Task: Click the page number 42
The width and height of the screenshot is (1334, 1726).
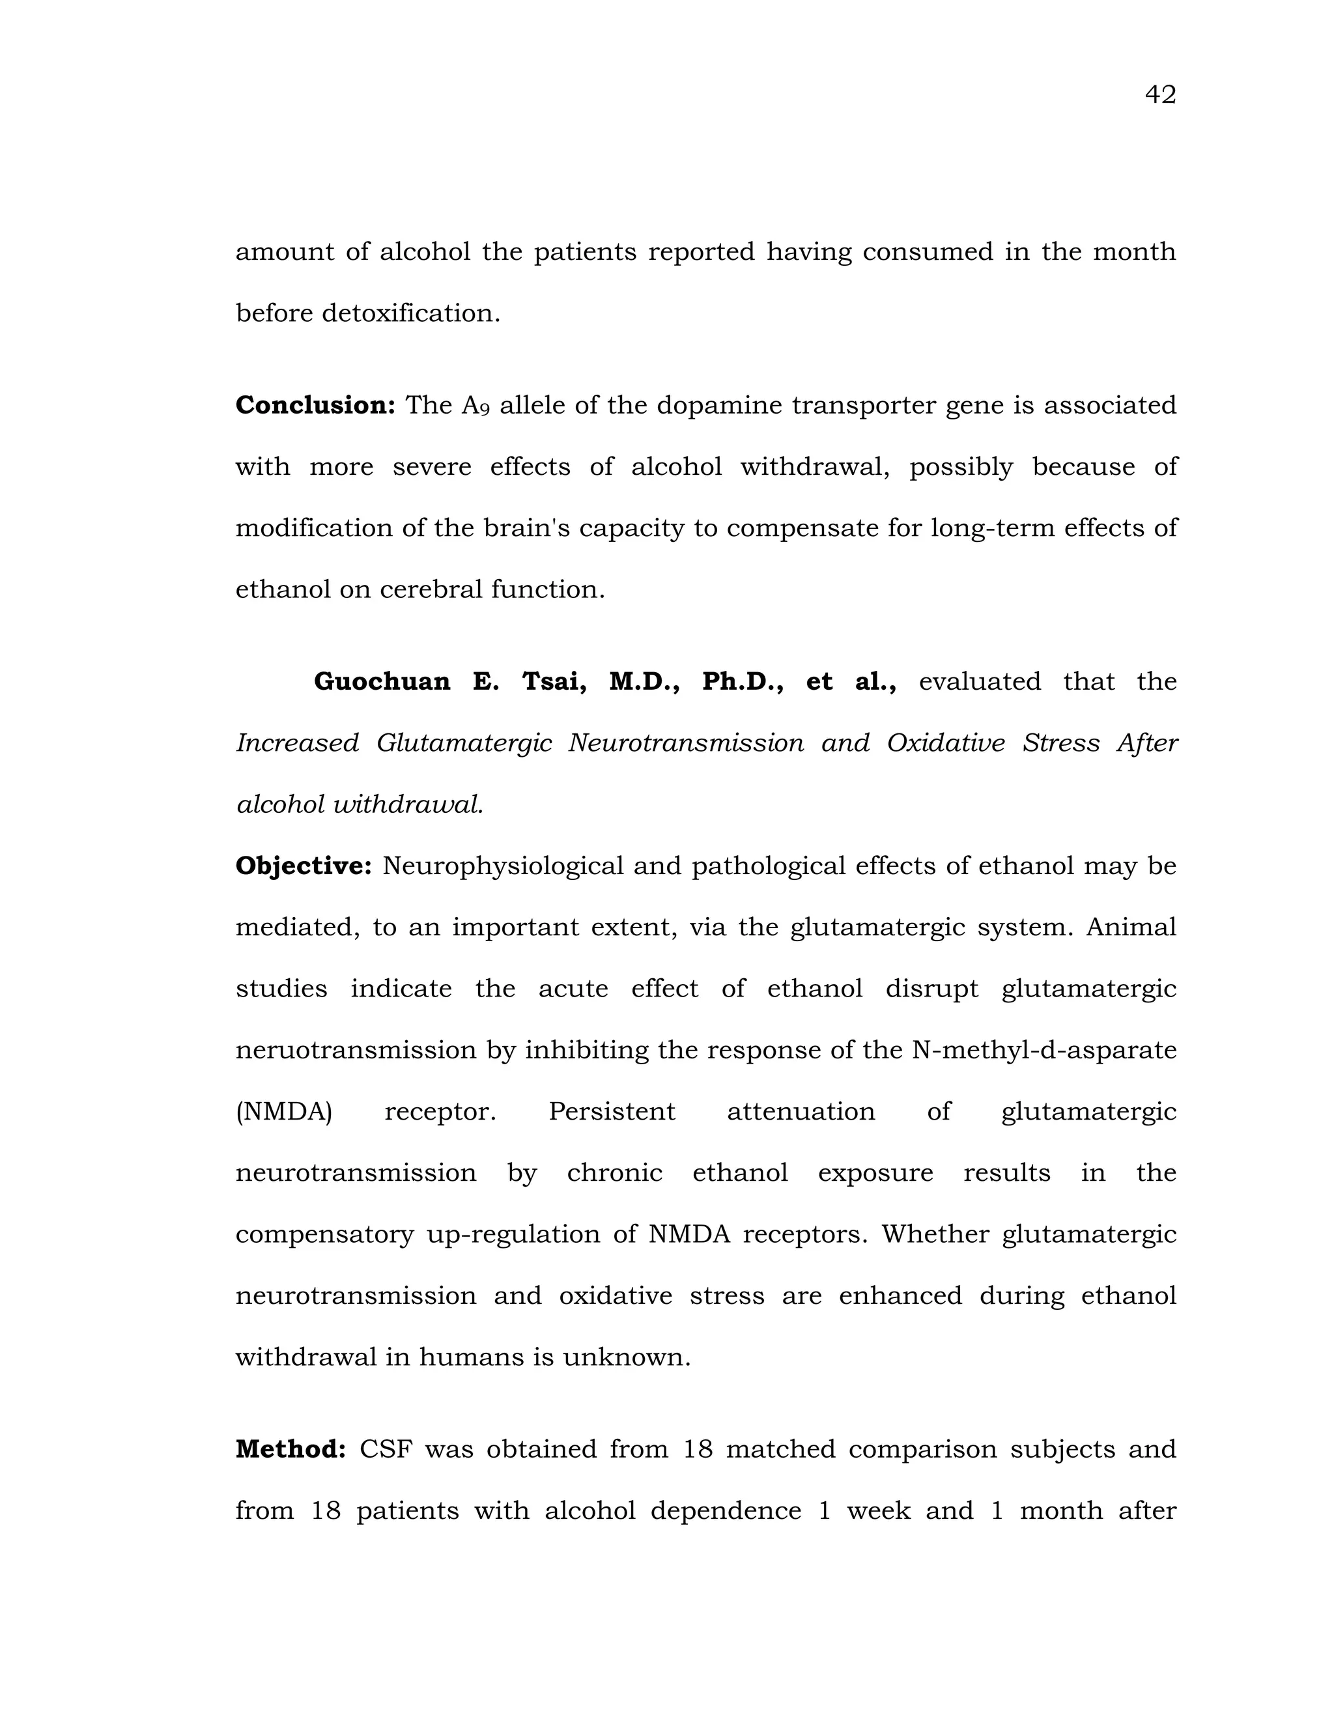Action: [x=1159, y=95]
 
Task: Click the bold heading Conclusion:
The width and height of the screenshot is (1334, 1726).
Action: [x=315, y=405]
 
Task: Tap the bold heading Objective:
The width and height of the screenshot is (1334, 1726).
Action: [x=303, y=866]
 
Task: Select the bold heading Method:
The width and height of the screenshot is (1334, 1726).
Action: [x=290, y=1449]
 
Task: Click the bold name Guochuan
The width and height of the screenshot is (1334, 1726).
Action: [x=382, y=681]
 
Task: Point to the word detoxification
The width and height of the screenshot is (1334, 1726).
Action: [x=410, y=314]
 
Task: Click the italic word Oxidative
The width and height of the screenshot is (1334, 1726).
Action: [x=945, y=743]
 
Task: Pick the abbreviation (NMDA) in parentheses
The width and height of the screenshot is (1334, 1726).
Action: [x=284, y=1112]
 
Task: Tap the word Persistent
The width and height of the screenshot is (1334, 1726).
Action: [x=612, y=1112]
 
